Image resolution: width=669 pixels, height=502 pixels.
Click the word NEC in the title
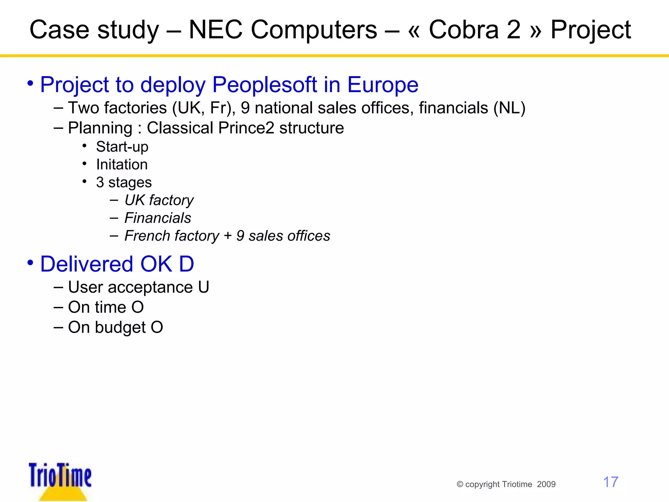pyautogui.click(x=216, y=30)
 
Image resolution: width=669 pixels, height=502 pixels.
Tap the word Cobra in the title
pyautogui.click(x=464, y=30)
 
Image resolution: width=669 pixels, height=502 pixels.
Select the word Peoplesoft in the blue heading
pyautogui.click(x=265, y=85)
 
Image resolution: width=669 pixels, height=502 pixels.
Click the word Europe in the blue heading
pyautogui.click(x=383, y=85)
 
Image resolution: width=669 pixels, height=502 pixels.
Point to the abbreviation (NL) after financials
pyautogui.click(x=509, y=108)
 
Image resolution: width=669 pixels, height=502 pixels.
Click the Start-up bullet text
pyautogui.click(x=122, y=147)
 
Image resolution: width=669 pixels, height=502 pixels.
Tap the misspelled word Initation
pyautogui.click(x=122, y=164)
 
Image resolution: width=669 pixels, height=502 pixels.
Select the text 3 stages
pyautogui.click(x=124, y=182)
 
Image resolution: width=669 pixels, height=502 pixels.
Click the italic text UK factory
pyautogui.click(x=159, y=200)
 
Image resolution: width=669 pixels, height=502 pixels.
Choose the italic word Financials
pyautogui.click(x=158, y=218)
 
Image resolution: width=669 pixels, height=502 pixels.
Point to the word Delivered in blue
pyautogui.click(x=87, y=264)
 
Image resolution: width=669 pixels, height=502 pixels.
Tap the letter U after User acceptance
pyautogui.click(x=204, y=287)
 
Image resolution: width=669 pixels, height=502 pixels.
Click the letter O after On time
pyautogui.click(x=138, y=307)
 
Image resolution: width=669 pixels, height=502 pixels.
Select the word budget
pyautogui.click(x=120, y=327)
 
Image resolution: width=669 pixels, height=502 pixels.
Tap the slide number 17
pyautogui.click(x=611, y=482)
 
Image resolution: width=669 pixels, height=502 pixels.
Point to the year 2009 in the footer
pyautogui.click(x=546, y=484)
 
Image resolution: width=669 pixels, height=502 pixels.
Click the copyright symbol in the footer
pyautogui.click(x=460, y=484)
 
